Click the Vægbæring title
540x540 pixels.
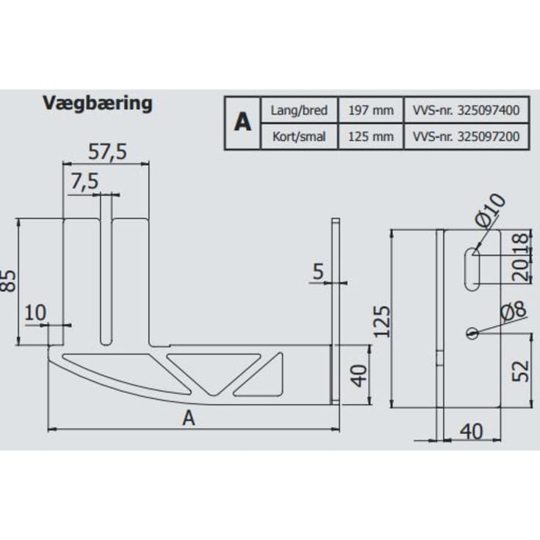click(98, 103)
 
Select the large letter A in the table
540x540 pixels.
click(242, 122)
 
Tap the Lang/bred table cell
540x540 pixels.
click(299, 110)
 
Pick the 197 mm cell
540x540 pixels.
click(371, 110)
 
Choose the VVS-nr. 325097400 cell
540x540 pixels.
click(466, 110)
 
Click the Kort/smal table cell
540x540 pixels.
click(299, 137)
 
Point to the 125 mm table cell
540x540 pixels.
click(371, 137)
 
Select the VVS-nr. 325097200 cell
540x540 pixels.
click(466, 137)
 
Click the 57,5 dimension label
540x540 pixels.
click(107, 151)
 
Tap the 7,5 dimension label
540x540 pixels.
click(84, 181)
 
